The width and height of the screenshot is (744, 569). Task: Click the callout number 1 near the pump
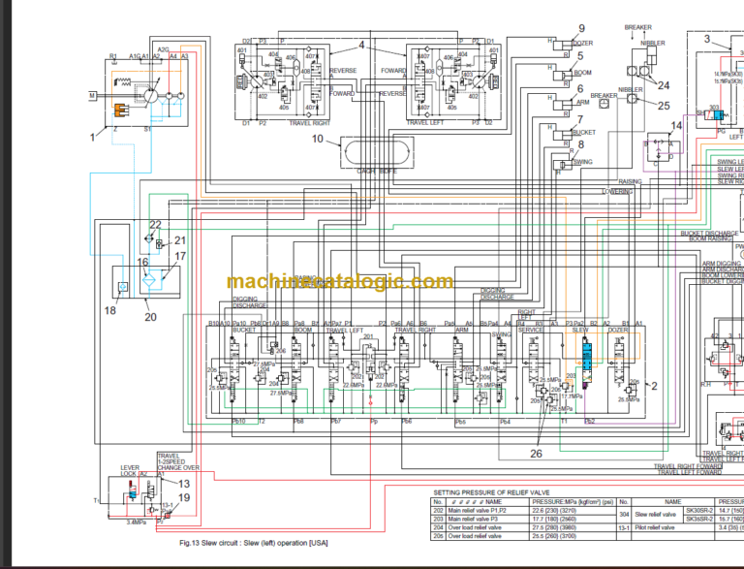point(94,137)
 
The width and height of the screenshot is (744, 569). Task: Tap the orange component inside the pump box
point(122,111)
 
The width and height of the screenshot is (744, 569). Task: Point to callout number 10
point(317,139)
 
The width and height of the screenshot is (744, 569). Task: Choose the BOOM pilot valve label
point(583,73)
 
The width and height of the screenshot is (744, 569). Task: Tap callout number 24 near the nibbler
point(663,85)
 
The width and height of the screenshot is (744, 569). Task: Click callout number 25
point(664,106)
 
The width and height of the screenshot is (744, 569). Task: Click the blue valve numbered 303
point(712,115)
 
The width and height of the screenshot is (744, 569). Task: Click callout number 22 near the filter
point(155,224)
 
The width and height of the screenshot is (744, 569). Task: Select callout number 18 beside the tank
point(109,310)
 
